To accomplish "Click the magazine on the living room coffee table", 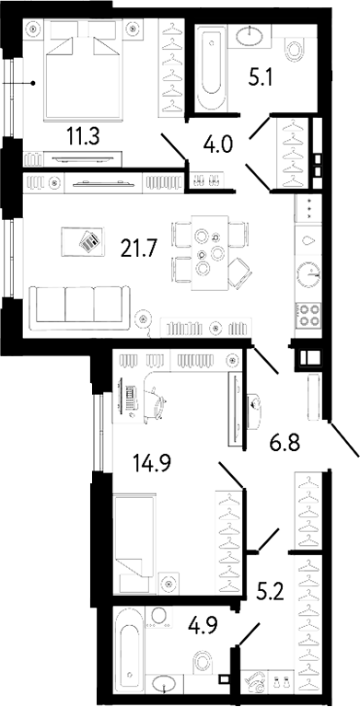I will click(x=90, y=241).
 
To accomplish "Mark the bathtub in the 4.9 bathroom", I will click(x=130, y=651).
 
